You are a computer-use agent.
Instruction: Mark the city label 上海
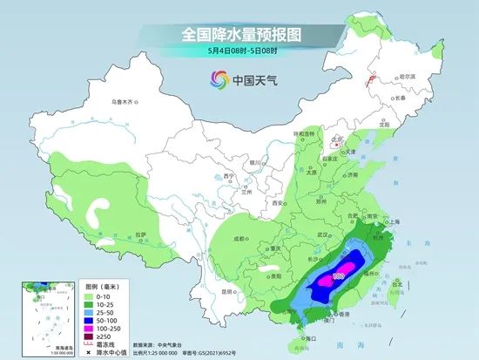[393, 221]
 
